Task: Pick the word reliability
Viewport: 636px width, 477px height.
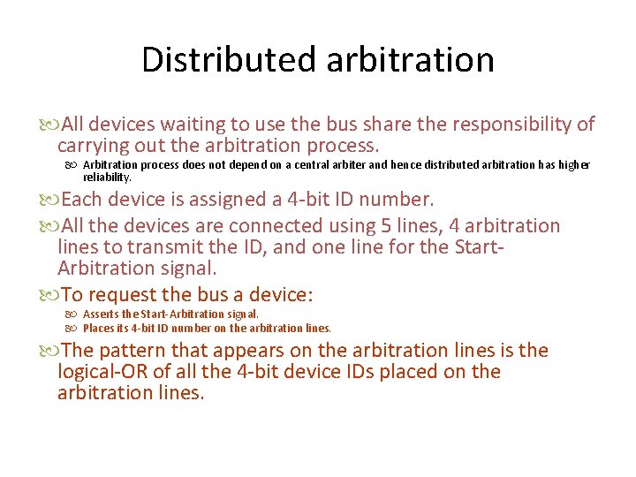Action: [107, 177]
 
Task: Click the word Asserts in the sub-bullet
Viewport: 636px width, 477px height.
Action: [102, 314]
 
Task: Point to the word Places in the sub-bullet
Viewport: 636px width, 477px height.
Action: [99, 328]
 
